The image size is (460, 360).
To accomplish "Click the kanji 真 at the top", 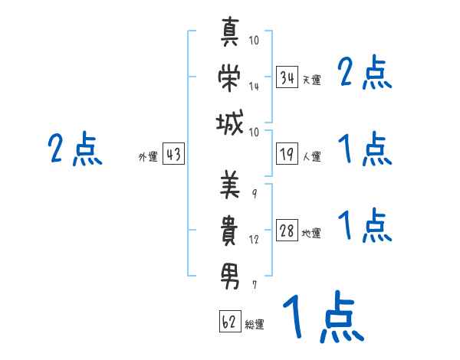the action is (x=230, y=31).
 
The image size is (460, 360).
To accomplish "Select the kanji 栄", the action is (x=229, y=77).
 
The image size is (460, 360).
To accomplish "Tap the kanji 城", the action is (x=229, y=123).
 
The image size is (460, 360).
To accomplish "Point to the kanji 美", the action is (x=230, y=184).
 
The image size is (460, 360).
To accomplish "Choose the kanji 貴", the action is (x=229, y=230).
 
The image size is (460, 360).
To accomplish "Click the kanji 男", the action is (x=230, y=277).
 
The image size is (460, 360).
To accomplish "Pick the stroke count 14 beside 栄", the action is (x=254, y=87).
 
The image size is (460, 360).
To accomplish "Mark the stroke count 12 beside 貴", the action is (x=254, y=240).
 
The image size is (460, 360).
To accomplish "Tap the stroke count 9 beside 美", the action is (x=255, y=194).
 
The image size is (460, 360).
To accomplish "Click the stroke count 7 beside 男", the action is (x=255, y=285).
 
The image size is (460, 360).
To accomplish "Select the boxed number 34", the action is (x=287, y=77).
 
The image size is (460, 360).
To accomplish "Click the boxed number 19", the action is (x=287, y=154).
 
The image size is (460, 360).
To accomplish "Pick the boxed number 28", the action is (x=287, y=231).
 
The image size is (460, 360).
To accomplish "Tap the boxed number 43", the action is (x=173, y=154).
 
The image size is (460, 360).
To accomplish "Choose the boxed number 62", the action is (x=230, y=321).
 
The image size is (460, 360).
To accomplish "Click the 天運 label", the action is (x=311, y=80).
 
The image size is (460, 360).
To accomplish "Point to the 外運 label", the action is (x=148, y=156).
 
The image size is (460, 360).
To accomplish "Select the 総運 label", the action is (x=255, y=324).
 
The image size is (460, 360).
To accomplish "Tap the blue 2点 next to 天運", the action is (x=365, y=72).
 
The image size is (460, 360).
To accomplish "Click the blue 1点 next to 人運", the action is (x=365, y=149).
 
